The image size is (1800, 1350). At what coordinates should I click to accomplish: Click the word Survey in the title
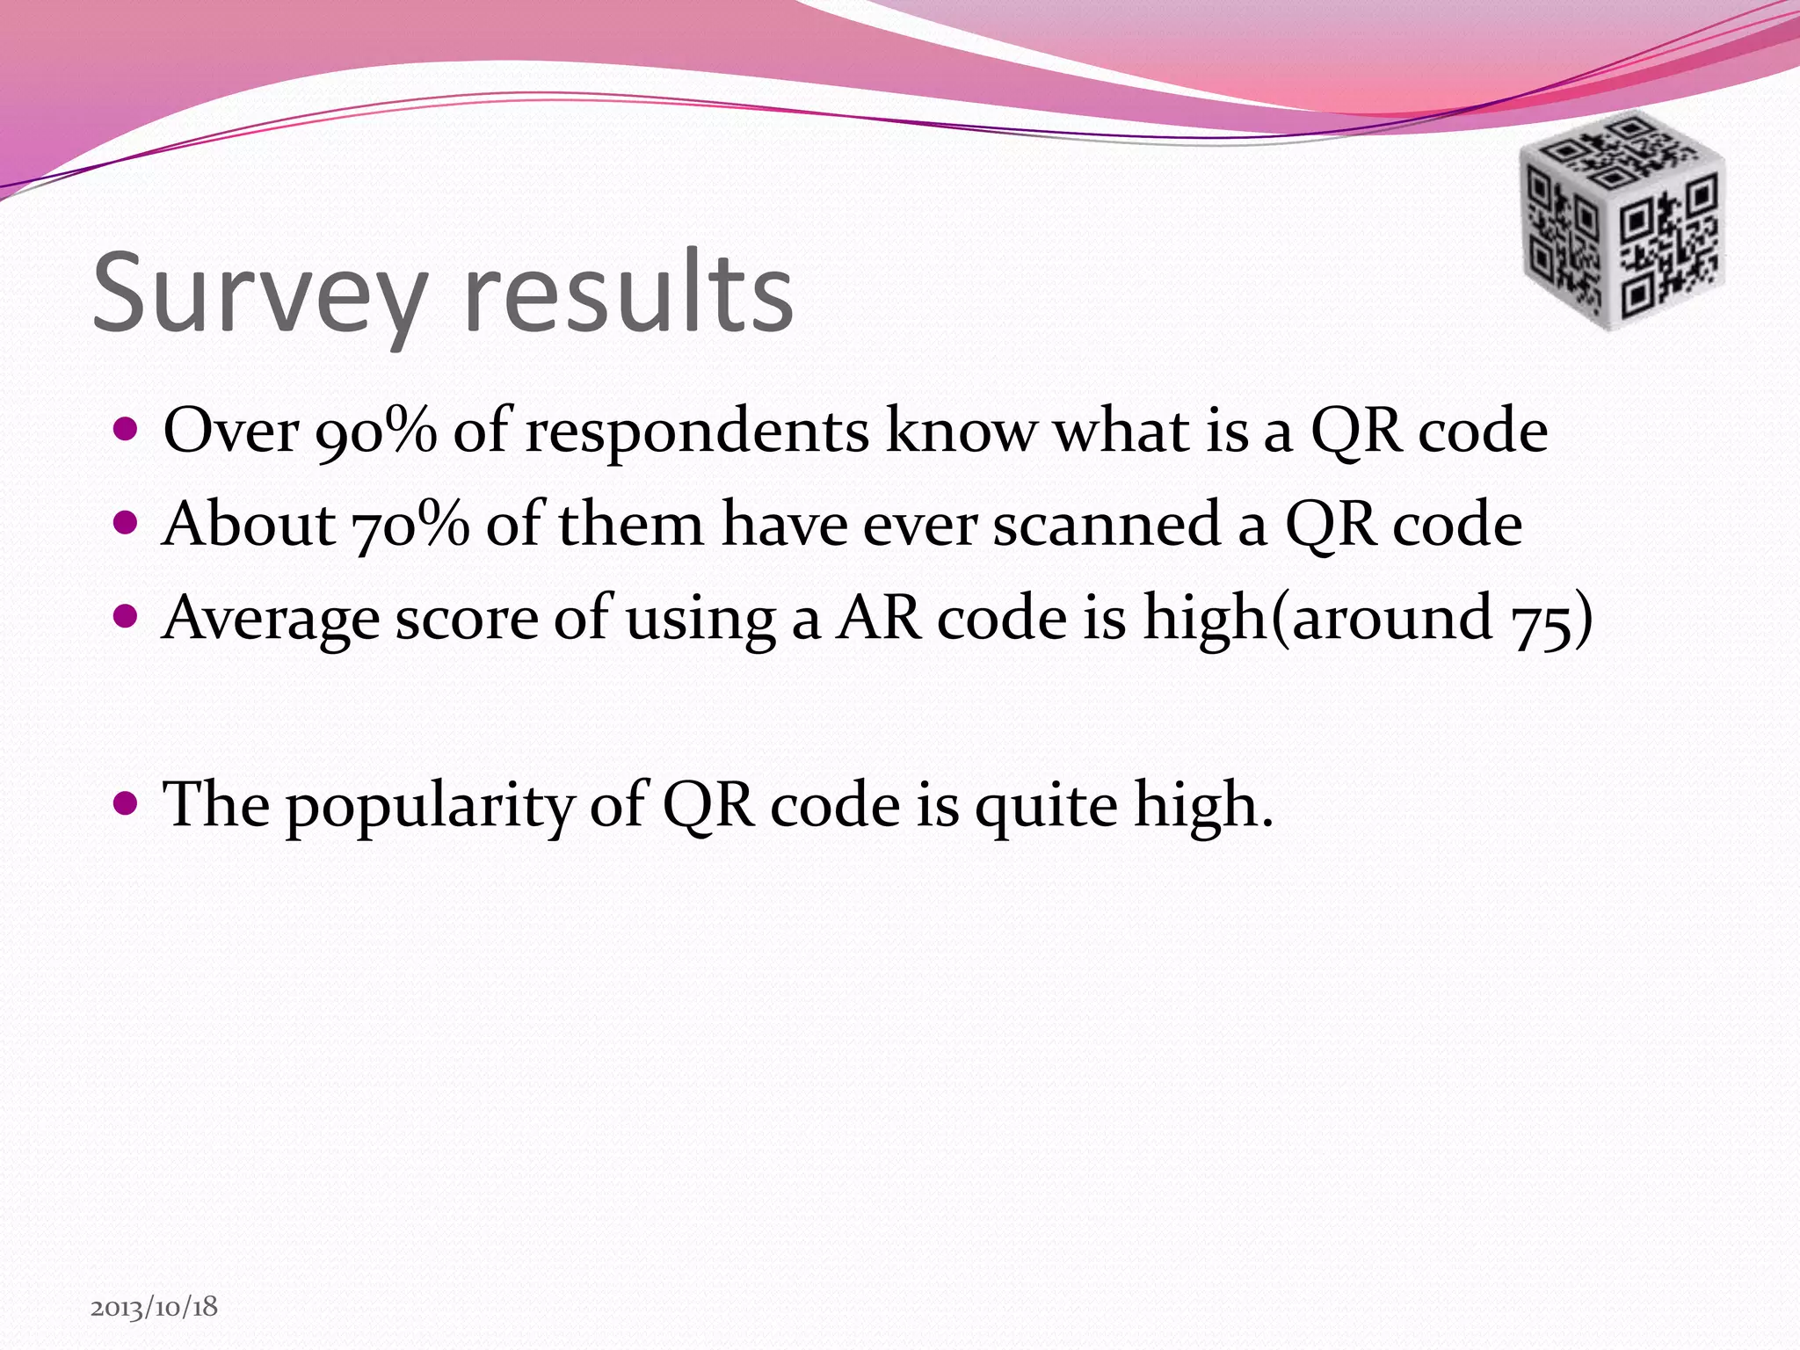pos(259,294)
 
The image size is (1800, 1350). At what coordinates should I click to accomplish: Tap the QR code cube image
pos(1622,220)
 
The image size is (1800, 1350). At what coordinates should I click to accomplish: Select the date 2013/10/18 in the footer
pos(154,1307)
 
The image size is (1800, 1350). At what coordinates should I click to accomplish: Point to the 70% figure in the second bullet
pos(410,526)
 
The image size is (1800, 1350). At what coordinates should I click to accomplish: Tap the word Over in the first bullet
pos(231,432)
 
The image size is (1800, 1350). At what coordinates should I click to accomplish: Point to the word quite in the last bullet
pos(1046,806)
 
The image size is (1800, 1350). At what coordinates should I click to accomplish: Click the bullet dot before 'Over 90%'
pos(127,430)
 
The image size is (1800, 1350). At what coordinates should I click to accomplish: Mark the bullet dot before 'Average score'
pos(127,615)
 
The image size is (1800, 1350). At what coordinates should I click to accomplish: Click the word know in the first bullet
pos(962,432)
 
